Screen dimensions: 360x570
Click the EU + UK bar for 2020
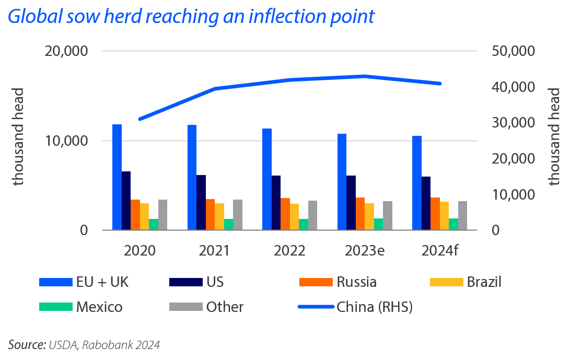click(117, 177)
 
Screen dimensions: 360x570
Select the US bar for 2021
click(201, 203)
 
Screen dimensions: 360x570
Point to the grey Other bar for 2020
click(163, 215)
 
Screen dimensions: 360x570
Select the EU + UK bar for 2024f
click(417, 183)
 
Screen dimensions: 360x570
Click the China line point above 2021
click(215, 89)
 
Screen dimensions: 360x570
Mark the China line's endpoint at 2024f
click(440, 84)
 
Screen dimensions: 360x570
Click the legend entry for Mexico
click(99, 307)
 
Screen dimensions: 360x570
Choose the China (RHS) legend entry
click(375, 307)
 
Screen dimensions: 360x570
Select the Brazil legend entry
click(484, 282)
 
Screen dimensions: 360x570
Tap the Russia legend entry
click(356, 282)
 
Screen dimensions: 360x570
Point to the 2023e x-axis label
click(365, 250)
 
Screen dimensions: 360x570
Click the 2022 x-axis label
click(289, 250)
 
